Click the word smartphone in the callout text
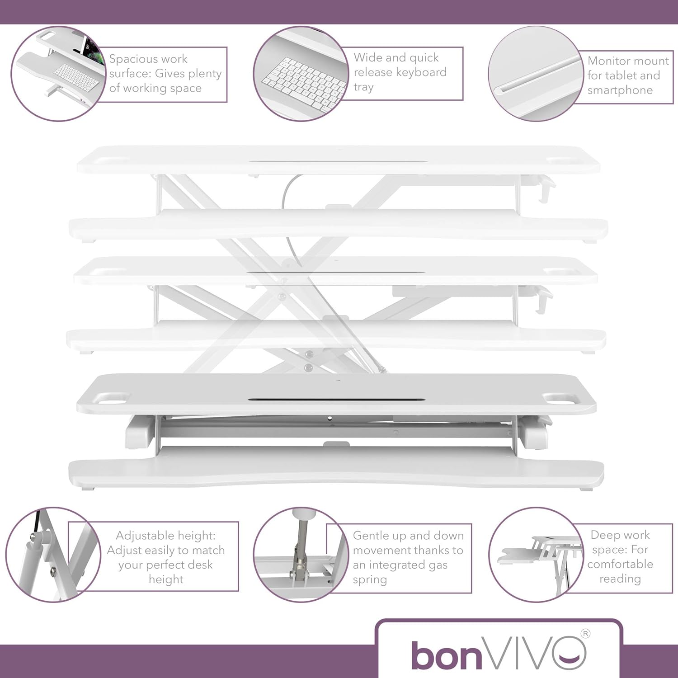620,90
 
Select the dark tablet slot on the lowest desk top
336,400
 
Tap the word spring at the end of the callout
370,580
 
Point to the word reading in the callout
620,579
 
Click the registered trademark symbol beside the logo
585,634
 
